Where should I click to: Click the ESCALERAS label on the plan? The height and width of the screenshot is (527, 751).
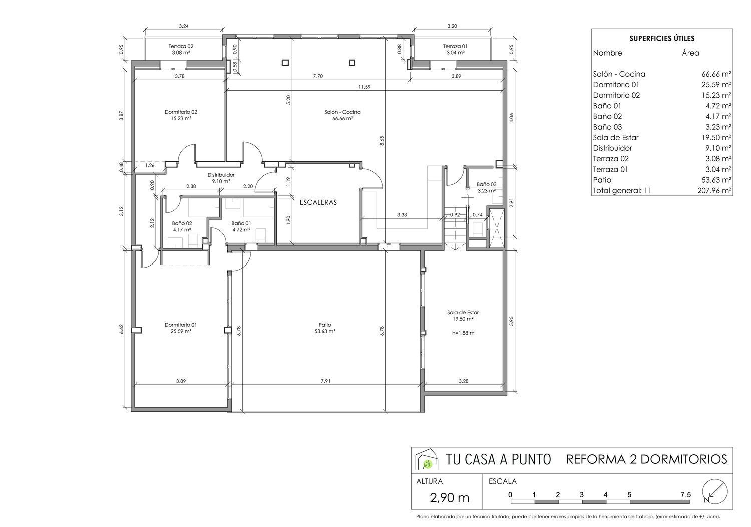pyautogui.click(x=318, y=202)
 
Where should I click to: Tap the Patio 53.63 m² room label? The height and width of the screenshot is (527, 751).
pyautogui.click(x=325, y=328)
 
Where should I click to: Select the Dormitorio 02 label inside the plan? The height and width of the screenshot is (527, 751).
pyautogui.click(x=181, y=112)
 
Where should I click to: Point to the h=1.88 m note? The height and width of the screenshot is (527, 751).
pyautogui.click(x=463, y=333)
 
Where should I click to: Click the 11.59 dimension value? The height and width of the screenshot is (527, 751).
pyautogui.click(x=364, y=87)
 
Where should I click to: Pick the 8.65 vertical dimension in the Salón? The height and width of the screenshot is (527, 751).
pyautogui.click(x=382, y=141)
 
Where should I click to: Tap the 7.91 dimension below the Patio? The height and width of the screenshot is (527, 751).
pyautogui.click(x=325, y=381)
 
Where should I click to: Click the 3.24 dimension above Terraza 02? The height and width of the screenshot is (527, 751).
pyautogui.click(x=183, y=26)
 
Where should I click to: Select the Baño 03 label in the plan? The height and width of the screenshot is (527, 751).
pyautogui.click(x=487, y=184)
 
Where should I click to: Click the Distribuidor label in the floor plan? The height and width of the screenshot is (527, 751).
pyautogui.click(x=221, y=175)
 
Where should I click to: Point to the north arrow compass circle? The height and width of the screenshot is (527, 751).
pyautogui.click(x=715, y=491)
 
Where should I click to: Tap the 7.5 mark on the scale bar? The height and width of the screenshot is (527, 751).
pyautogui.click(x=685, y=494)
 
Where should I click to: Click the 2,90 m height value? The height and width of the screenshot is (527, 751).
pyautogui.click(x=449, y=498)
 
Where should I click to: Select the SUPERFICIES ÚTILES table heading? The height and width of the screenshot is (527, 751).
pyautogui.click(x=662, y=38)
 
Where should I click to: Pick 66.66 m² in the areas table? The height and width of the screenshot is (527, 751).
pyautogui.click(x=716, y=74)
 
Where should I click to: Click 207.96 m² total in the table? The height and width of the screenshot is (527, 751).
pyautogui.click(x=714, y=190)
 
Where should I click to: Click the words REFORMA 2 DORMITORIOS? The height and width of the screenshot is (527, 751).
pyautogui.click(x=647, y=459)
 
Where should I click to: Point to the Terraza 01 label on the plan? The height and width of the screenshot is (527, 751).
pyautogui.click(x=455, y=46)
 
